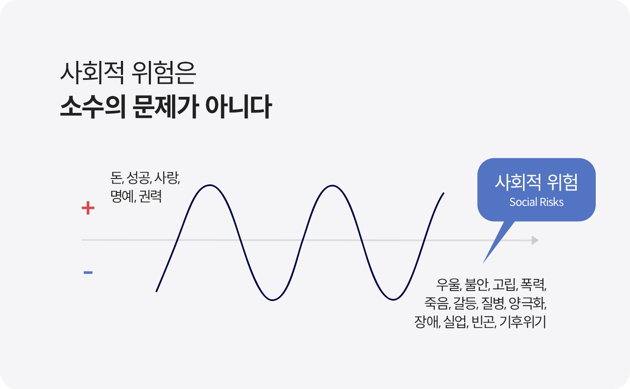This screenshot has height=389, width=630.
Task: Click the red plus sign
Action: tap(88, 208)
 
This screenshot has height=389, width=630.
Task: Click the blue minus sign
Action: tap(88, 272)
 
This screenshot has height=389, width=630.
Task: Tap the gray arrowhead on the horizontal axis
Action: tap(535, 240)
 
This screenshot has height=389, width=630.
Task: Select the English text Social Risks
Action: tap(536, 202)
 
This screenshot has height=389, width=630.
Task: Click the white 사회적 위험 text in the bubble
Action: tap(536, 182)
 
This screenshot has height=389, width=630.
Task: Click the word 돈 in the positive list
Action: tap(116, 178)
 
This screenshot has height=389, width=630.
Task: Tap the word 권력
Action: tap(151, 196)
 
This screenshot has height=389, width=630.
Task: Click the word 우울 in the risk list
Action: tap(448, 285)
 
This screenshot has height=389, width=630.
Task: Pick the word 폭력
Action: tap(532, 285)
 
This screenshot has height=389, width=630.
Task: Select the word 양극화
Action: tap(527, 303)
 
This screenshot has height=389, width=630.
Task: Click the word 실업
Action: tap(455, 321)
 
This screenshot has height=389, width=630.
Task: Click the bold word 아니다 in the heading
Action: tap(238, 107)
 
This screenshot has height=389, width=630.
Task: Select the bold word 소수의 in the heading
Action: tap(93, 107)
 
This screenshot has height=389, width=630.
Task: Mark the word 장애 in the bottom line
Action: tap(426, 321)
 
